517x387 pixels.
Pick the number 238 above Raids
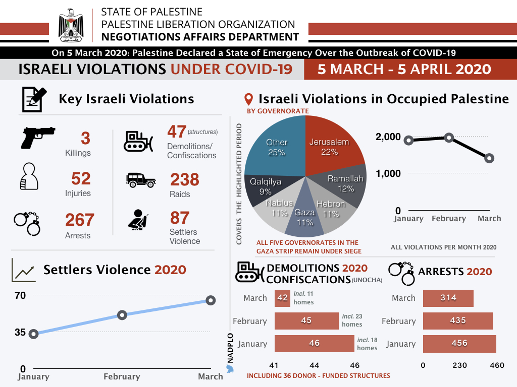pyautogui.click(x=184, y=179)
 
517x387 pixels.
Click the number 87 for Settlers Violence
pyautogui.click(x=180, y=218)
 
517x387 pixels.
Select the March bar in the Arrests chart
pyautogui.click(x=448, y=298)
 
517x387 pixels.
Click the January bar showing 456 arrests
pyautogui.click(x=459, y=343)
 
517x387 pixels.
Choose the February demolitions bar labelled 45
pyautogui.click(x=306, y=320)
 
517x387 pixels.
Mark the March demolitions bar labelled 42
pyautogui.click(x=282, y=298)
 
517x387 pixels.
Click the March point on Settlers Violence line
pyautogui.click(x=211, y=300)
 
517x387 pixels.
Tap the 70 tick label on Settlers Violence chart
pyautogui.click(x=20, y=296)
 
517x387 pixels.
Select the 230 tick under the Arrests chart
pyautogui.click(x=459, y=365)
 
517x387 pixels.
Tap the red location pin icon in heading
pyautogui.click(x=248, y=99)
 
